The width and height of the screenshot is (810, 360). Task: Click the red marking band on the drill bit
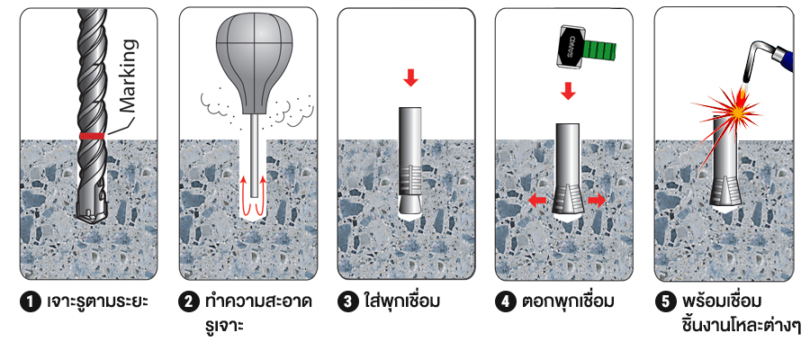click(x=93, y=136)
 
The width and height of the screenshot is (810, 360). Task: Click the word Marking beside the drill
click(x=127, y=76)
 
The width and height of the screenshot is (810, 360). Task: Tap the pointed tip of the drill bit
click(x=91, y=223)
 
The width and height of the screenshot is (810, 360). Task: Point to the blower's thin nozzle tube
click(x=254, y=155)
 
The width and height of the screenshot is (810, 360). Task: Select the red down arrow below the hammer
click(x=568, y=91)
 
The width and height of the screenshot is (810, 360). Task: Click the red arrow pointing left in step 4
click(x=538, y=201)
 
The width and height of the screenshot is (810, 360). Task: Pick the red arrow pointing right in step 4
click(x=597, y=201)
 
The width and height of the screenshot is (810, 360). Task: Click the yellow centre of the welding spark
click(x=738, y=111)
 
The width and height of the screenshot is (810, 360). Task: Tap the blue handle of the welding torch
click(x=787, y=57)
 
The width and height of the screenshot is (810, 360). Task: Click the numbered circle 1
click(x=31, y=302)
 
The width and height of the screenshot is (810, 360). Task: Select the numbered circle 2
click(x=190, y=302)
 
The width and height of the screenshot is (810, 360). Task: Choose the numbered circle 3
click(x=347, y=302)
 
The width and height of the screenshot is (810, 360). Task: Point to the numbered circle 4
click(x=506, y=302)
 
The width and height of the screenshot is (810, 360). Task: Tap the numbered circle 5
click(x=665, y=302)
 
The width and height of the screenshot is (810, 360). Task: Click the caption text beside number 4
click(x=568, y=301)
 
